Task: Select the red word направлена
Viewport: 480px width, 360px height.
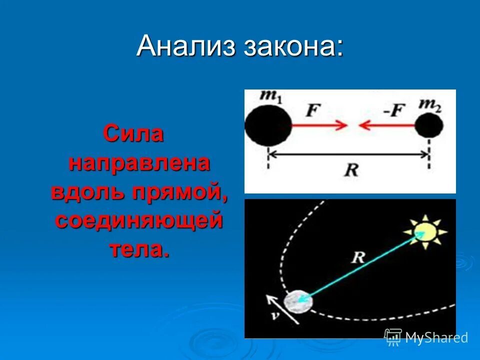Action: pyautogui.click(x=139, y=163)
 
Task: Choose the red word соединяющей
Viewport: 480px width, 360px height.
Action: pyautogui.click(x=138, y=220)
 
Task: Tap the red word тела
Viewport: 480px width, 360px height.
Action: pyautogui.click(x=139, y=249)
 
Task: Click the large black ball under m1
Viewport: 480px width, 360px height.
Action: pyautogui.click(x=267, y=125)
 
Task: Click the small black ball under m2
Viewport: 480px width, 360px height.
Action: pyautogui.click(x=429, y=125)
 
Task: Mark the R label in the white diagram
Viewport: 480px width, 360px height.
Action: pyautogui.click(x=351, y=170)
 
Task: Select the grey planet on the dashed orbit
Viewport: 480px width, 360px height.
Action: pyautogui.click(x=298, y=301)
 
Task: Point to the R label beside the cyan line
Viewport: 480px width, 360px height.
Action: pyautogui.click(x=357, y=257)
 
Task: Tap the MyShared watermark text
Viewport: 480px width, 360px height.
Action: pyautogui.click(x=436, y=337)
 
